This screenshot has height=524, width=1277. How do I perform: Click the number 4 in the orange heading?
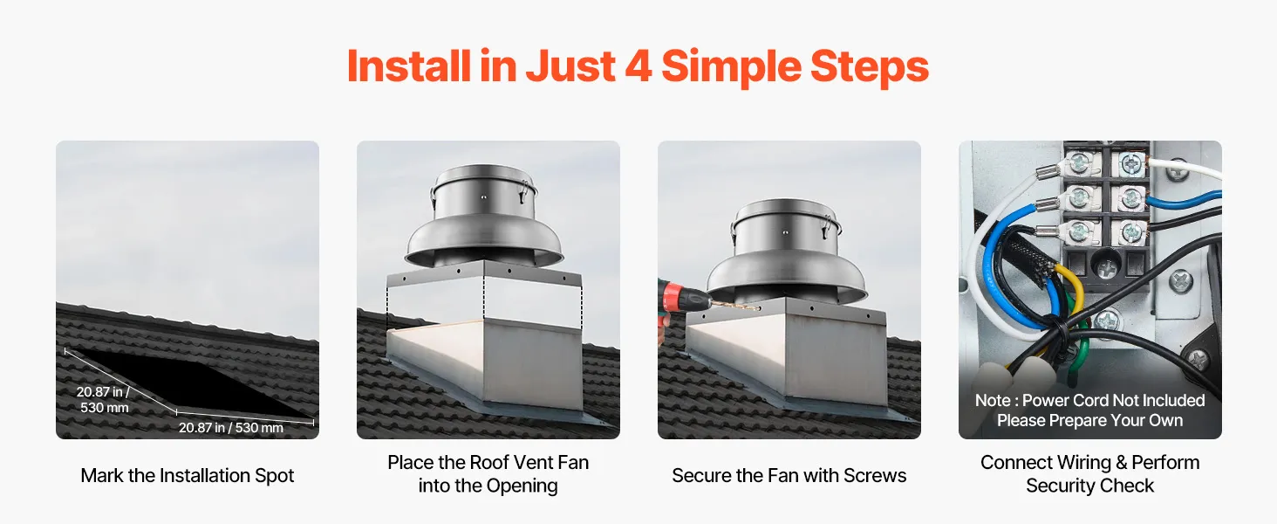(638, 66)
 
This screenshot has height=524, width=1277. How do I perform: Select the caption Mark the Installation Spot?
(187, 475)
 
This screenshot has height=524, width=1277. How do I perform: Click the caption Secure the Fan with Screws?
(789, 475)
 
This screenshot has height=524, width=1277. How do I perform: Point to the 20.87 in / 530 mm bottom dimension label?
(231, 428)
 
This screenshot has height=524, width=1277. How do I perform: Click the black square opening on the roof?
(188, 383)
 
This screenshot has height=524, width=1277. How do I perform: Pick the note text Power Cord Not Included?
(1113, 401)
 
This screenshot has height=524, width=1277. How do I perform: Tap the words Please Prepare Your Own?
(1089, 421)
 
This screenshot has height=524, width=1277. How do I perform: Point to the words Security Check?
(1089, 486)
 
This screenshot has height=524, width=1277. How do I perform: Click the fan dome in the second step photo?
(484, 216)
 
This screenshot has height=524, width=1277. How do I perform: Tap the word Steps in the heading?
(870, 66)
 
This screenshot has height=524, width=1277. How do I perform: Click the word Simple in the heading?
(731, 66)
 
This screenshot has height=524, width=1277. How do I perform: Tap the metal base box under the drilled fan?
(787, 351)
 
